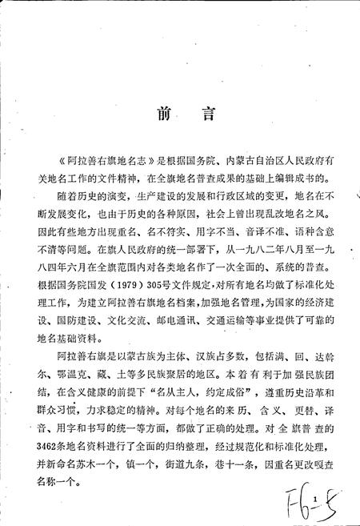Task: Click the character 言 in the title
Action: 207,117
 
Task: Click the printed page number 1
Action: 318,500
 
